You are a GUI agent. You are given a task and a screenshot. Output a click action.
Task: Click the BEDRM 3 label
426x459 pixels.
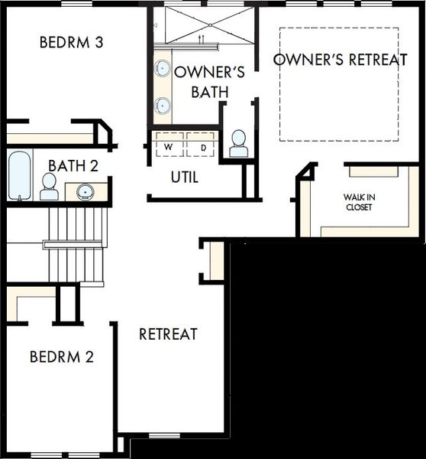pyautogui.click(x=71, y=42)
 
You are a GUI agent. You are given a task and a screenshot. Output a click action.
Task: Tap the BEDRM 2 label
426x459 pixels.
pyautogui.click(x=62, y=356)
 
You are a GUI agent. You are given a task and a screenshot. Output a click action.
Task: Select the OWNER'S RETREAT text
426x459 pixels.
pyautogui.click(x=340, y=60)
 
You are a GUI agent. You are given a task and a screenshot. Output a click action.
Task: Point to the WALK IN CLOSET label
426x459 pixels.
pyautogui.click(x=359, y=202)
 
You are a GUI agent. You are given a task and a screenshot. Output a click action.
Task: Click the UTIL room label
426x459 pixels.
pyautogui.click(x=185, y=177)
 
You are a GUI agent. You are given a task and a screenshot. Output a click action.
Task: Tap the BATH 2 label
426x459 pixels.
pyautogui.click(x=73, y=166)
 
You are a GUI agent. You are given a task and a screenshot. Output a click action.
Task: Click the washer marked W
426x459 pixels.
pyautogui.click(x=169, y=144)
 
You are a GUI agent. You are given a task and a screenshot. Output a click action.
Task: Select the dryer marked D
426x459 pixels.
pyautogui.click(x=201, y=144)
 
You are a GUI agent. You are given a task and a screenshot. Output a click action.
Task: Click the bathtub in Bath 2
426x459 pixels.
pyautogui.click(x=19, y=175)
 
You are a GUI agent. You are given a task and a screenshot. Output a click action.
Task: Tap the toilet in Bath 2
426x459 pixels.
pyautogui.click(x=49, y=187)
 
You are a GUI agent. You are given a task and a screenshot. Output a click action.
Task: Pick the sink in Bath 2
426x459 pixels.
pyautogui.click(x=86, y=192)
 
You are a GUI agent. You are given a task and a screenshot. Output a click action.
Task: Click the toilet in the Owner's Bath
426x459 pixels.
pyautogui.click(x=239, y=144)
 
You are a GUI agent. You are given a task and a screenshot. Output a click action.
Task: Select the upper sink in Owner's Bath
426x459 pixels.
pyautogui.click(x=162, y=68)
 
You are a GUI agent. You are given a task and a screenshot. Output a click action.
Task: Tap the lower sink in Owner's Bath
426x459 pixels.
pyautogui.click(x=162, y=106)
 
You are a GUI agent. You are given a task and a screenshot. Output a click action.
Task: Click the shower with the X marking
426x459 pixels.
pyautogui.click(x=210, y=25)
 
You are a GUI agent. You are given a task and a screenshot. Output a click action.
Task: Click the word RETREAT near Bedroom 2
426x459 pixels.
pyautogui.click(x=168, y=334)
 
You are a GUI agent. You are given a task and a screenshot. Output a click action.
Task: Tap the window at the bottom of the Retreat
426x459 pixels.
pyautogui.click(x=164, y=436)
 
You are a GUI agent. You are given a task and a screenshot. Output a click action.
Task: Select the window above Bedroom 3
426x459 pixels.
pyautogui.click(x=77, y=4)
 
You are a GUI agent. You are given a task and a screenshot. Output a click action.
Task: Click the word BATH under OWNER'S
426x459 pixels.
pyautogui.click(x=210, y=92)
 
